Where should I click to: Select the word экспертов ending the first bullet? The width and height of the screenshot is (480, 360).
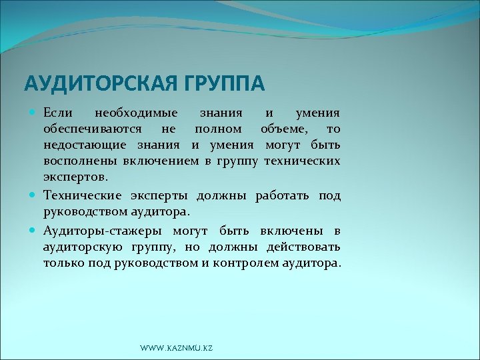(x=74, y=178)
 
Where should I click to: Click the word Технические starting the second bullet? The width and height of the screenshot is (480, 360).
(x=82, y=195)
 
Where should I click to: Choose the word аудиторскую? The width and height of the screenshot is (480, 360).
(x=82, y=247)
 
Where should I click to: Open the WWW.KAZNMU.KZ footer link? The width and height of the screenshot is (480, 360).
(x=177, y=348)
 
